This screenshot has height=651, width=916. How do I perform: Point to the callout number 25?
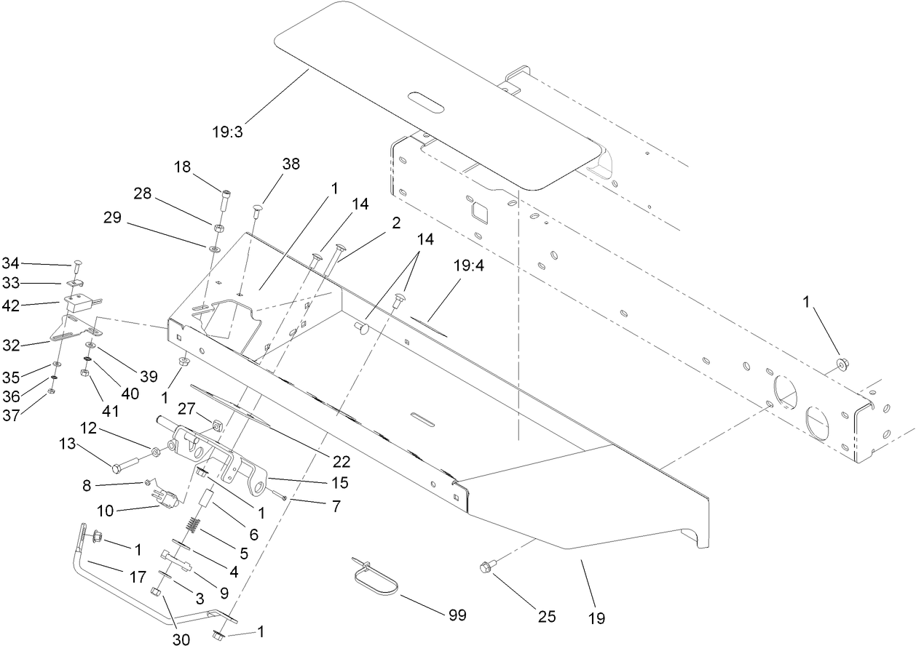click(x=546, y=617)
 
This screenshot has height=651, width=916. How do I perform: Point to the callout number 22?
click(x=341, y=461)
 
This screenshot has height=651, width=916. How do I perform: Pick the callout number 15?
click(x=339, y=482)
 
